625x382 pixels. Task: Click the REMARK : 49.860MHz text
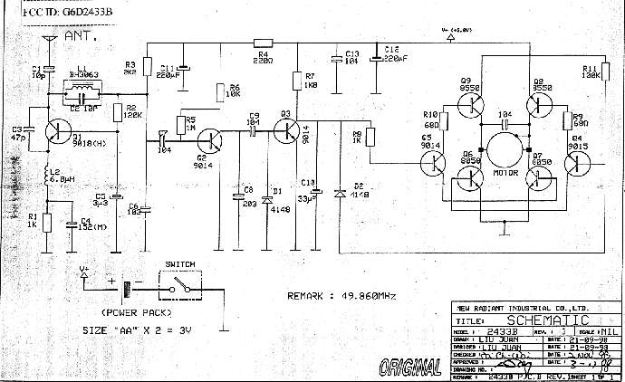tap(339, 296)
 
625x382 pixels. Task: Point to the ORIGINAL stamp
tap(411, 368)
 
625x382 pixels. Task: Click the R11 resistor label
tap(592, 72)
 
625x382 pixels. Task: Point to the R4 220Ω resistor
tap(264, 43)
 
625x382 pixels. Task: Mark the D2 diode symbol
tap(339, 193)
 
